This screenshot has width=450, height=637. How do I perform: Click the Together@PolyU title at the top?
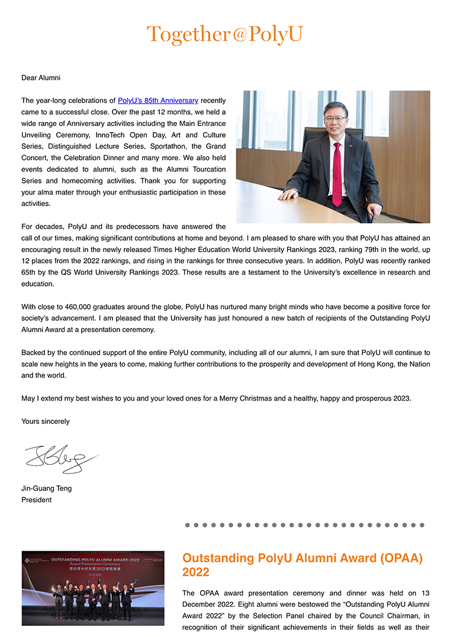coord(224,34)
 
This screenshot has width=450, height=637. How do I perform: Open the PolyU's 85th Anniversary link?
coord(157,101)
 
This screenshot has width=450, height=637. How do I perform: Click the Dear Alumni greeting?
coord(41,78)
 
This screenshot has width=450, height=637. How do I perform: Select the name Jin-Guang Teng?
coord(46,488)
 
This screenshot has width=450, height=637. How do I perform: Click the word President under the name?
coord(36,500)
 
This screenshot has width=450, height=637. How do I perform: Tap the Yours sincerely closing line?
coord(45,422)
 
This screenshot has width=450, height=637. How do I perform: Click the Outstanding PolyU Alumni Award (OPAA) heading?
coord(303,565)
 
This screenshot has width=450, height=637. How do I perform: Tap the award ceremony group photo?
coord(93,588)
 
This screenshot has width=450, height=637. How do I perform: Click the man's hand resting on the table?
coord(288,195)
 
